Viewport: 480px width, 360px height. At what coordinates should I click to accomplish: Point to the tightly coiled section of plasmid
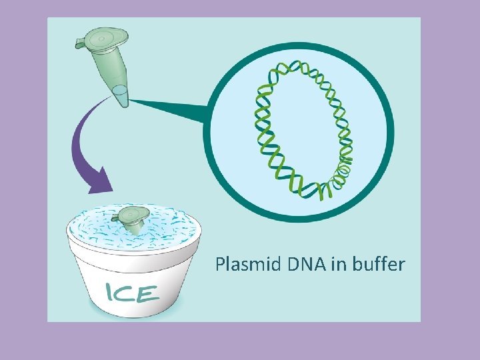pyautogui.click(x=343, y=170)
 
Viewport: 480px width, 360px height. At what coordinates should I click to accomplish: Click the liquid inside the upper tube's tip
pyautogui.click(x=121, y=93)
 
